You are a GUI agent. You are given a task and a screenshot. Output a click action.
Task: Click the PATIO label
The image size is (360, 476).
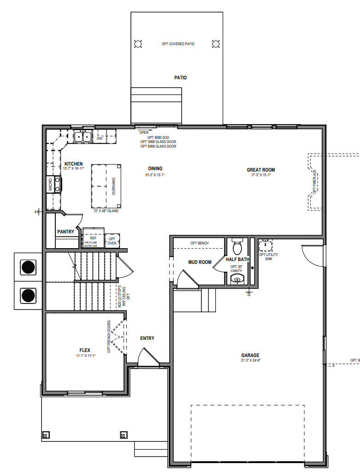point(180,77)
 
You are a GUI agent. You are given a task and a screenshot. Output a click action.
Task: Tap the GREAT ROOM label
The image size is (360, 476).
point(260,170)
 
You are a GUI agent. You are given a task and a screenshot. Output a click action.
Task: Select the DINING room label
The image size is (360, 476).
point(155,168)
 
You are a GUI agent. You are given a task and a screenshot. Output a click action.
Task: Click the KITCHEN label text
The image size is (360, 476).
point(73,164)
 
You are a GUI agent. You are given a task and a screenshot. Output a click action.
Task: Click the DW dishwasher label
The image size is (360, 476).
point(100,138)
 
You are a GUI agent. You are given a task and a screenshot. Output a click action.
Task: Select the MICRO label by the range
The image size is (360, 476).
point(50,186)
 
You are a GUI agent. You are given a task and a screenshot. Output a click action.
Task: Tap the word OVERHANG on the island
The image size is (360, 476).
point(113,187)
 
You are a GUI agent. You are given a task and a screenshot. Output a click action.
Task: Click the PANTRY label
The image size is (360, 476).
point(65,232)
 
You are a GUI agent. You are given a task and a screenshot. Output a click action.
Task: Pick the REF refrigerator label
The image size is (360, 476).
point(93,238)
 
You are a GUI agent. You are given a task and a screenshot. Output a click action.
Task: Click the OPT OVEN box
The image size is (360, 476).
point(112,241)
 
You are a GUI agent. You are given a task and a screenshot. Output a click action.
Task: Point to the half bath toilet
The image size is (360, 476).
point(237,247)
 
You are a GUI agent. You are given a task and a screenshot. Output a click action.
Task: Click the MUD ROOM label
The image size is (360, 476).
point(200,262)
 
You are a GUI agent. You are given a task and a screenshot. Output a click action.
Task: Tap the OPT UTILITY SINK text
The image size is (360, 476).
point(268,256)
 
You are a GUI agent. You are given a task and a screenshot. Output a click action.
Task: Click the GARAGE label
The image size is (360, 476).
point(250,355)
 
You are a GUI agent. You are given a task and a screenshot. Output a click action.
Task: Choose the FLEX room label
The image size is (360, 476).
point(85,350)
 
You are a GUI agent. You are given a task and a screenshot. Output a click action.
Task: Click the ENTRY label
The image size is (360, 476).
point(147,338)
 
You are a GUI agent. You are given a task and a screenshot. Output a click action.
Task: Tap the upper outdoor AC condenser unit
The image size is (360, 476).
point(29,267)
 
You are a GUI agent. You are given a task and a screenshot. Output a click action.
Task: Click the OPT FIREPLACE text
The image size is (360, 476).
point(314,181)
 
